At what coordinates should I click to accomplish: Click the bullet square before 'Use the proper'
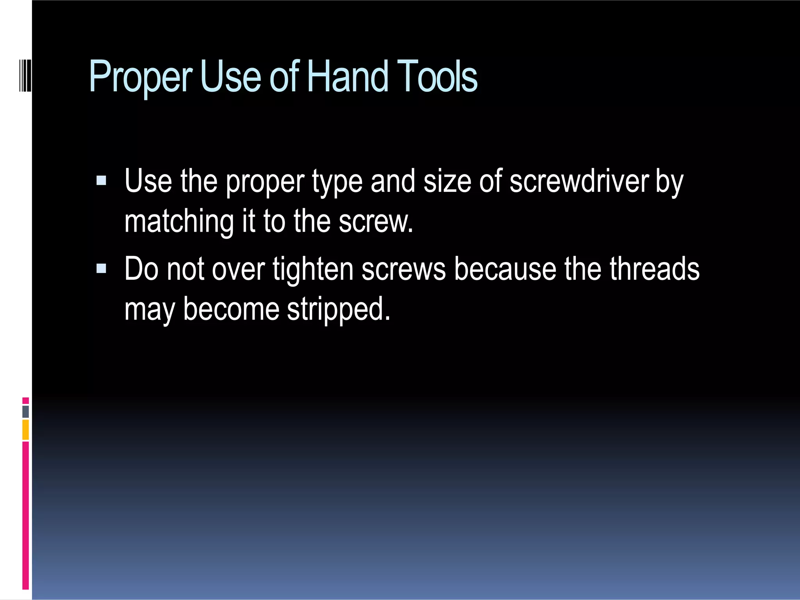101,180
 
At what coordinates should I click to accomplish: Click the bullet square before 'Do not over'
101,268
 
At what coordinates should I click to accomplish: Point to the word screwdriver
579,181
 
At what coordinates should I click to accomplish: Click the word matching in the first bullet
179,222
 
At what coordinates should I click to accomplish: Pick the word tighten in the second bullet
313,270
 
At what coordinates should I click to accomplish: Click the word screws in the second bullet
404,270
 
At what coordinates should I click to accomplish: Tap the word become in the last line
231,309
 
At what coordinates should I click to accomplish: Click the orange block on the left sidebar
25,429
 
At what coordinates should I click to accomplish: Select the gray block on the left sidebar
25,412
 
